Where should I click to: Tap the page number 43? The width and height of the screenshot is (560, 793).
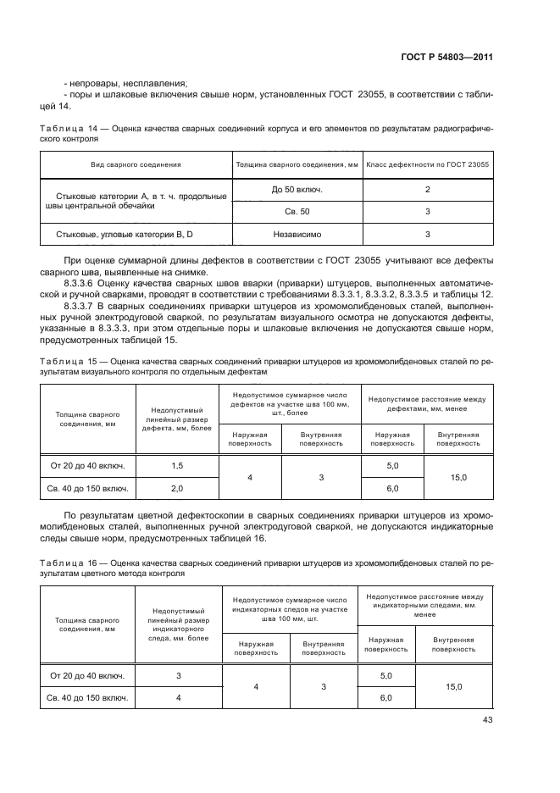click(x=487, y=720)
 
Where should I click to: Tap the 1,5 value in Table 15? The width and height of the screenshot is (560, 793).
click(x=177, y=466)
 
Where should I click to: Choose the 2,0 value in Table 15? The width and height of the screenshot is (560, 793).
click(x=177, y=489)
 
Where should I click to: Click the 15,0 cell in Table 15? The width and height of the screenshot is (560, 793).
click(x=458, y=478)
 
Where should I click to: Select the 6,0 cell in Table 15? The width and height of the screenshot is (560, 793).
click(x=392, y=489)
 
